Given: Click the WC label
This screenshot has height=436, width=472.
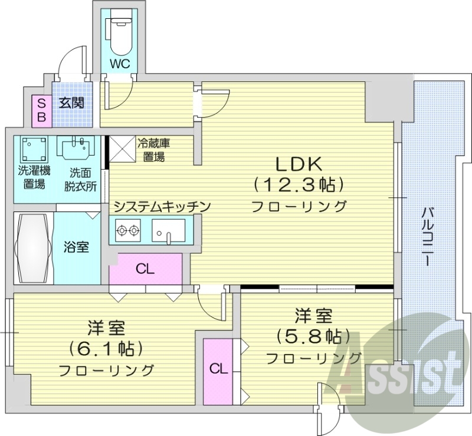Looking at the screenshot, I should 119,62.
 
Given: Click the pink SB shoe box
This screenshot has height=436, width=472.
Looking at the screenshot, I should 41,110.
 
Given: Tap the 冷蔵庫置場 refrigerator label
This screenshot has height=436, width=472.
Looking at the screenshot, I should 153,150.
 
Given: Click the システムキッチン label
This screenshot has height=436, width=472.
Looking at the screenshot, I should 162,206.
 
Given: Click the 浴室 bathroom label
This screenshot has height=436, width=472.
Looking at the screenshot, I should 76,247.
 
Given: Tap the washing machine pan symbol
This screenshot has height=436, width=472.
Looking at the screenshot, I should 34,151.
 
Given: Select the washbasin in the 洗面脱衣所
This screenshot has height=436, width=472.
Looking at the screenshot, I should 76,147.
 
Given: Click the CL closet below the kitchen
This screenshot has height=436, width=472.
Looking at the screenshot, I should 145,269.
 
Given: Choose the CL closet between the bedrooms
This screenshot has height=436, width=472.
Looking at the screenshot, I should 218,369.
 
